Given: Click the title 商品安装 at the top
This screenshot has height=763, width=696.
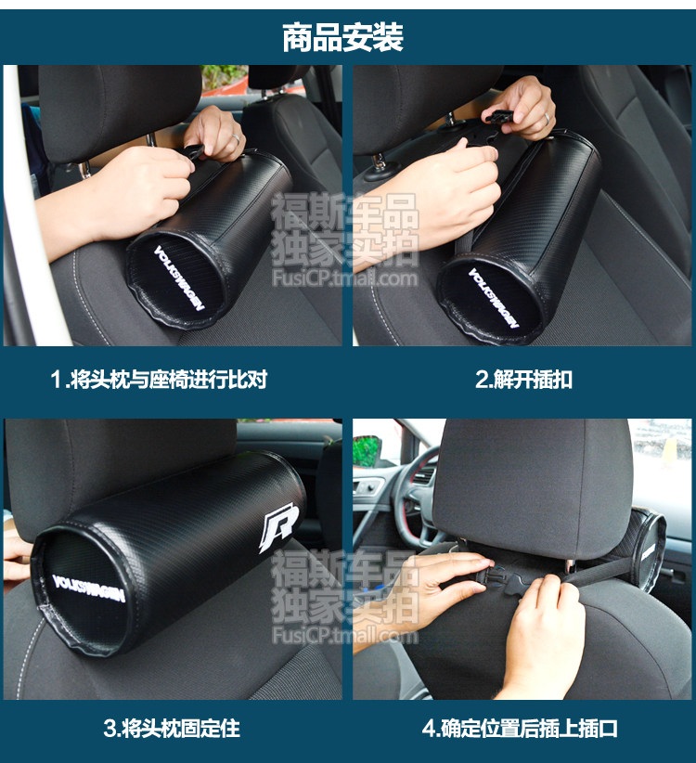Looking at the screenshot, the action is pos(342,37).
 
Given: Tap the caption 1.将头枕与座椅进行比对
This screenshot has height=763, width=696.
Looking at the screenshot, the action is pos(159,379).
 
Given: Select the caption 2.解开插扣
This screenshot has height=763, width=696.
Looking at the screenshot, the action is pos(523,379).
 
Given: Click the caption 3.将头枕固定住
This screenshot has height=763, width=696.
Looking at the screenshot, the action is pos(172,729).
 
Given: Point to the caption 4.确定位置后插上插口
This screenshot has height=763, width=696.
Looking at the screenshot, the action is pos(520,729).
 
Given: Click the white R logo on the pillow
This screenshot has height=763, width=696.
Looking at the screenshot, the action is pos(278,527).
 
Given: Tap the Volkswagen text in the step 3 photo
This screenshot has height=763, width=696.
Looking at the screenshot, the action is pos(88,588).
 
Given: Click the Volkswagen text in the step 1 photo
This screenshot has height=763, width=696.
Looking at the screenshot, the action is pos(179,278).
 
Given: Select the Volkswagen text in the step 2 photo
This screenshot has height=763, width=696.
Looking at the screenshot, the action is pos(493,298).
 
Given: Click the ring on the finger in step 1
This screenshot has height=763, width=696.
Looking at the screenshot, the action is pos(236,137).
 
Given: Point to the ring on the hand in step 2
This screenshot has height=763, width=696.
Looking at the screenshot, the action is pos(547,118).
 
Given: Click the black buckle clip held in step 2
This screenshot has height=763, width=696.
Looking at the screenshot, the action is pos(497,116).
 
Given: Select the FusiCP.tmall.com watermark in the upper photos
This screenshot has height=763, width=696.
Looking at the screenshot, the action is pos(345,278).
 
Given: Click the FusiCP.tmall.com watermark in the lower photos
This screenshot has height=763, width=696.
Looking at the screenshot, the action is pos(345,636).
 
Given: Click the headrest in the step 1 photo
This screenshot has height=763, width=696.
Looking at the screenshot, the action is pos(119,110).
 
